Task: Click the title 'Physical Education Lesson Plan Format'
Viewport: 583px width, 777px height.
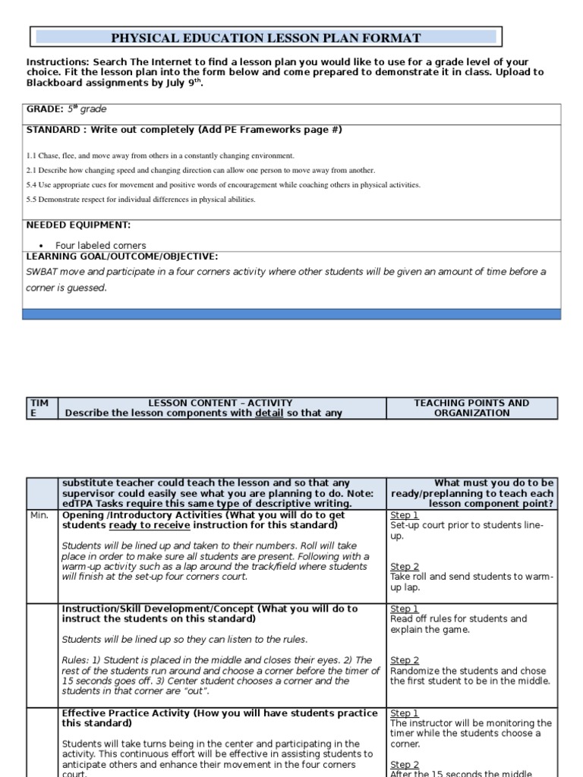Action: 266,37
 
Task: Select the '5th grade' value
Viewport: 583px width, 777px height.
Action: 87,109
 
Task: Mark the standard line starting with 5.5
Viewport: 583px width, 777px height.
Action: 140,200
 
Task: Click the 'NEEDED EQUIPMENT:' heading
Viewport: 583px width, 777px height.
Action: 78,225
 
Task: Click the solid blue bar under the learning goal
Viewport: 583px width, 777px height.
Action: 291,314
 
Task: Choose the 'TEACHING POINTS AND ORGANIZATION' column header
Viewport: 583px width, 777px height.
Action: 471,408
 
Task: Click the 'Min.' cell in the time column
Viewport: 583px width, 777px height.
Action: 39,516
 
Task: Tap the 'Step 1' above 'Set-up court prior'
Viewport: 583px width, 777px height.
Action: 404,515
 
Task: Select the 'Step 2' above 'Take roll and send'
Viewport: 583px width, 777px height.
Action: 404,567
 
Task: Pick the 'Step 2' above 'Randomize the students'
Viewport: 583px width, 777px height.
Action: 404,661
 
